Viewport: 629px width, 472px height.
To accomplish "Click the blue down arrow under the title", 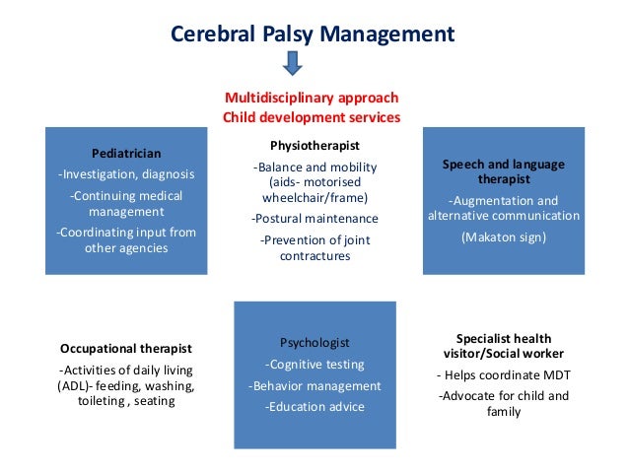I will tap(293, 64).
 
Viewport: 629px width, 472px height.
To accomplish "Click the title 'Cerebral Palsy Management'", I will tap(313, 34).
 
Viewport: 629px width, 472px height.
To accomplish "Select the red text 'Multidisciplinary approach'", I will tap(312, 98).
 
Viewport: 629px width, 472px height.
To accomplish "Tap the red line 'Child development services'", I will tap(312, 117).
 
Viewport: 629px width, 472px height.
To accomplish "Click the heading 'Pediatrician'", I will tap(126, 153).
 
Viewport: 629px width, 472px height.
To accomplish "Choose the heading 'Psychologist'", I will tap(314, 343).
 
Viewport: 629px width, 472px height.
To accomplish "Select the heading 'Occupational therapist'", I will tap(126, 349).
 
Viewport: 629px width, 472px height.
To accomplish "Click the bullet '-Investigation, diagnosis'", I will tap(125, 174).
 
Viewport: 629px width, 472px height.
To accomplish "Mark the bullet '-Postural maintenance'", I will tap(314, 218).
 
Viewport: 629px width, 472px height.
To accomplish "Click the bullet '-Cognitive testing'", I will tap(314, 364).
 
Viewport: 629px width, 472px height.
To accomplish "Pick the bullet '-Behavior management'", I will tap(314, 385).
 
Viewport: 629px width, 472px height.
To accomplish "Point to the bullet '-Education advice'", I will tap(314, 407).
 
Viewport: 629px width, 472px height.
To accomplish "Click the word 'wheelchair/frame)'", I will tap(314, 196).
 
